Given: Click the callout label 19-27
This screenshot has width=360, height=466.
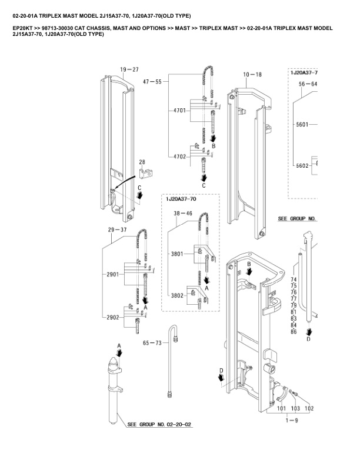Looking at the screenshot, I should [129, 69].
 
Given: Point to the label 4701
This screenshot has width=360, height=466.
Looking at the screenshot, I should [180, 111].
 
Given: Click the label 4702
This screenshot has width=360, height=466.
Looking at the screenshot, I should [180, 156].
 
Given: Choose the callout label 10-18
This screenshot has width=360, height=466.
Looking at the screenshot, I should [252, 75].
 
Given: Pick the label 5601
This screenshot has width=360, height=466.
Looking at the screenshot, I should [303, 125].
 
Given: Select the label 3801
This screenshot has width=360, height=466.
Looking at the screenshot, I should [178, 254].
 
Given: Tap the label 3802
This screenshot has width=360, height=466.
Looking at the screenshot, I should [178, 295].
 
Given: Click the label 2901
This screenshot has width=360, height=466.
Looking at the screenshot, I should [112, 274].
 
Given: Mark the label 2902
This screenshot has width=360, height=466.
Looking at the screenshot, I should [112, 317].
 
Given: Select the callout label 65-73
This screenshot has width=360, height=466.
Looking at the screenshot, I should [152, 342].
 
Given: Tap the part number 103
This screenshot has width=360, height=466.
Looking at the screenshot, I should [295, 408].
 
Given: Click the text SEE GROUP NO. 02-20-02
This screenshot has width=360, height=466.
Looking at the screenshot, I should [159, 424].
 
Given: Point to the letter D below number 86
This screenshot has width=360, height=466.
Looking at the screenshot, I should [308, 339].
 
